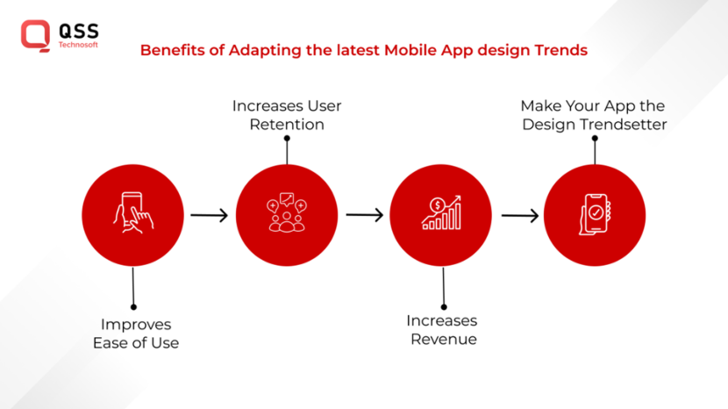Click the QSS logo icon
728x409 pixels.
36,34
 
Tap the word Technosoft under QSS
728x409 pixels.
79,44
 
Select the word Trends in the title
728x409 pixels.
560,50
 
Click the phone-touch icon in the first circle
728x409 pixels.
132,214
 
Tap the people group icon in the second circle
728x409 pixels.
287,214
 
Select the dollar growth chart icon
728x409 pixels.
441,213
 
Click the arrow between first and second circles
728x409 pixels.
209,215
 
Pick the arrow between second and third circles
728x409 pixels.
364,215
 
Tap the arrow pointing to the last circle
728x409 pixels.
519,215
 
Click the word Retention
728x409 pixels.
287,125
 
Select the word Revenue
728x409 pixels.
444,339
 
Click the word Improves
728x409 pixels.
136,325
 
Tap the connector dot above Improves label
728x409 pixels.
133,306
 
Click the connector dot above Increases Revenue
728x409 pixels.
444,306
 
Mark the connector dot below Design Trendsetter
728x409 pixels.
595,138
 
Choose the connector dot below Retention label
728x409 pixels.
287,138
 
